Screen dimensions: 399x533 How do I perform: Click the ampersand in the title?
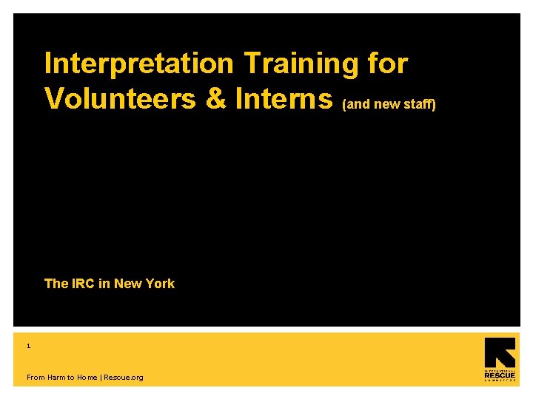point(215,98)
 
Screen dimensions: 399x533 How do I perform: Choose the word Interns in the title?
point(285,98)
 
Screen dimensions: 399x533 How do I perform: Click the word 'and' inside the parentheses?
point(359,104)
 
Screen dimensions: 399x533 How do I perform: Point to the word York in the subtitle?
point(159,284)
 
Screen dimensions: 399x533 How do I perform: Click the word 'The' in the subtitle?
point(56,284)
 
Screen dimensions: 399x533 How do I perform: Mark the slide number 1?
point(29,346)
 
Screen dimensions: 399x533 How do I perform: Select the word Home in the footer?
point(87,378)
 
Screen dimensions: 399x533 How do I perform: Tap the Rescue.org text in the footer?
point(124,378)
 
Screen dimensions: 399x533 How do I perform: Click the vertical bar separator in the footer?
point(101,378)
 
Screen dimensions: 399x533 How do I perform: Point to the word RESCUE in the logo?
point(500,375)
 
